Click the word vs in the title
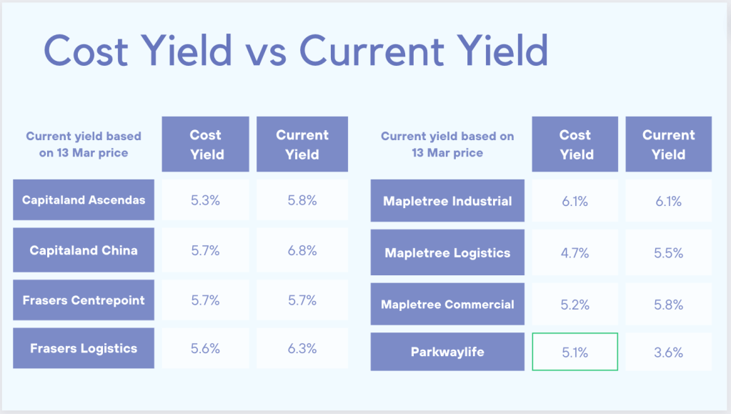tap(265, 51)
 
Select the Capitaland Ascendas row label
tap(84, 199)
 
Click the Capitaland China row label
tap(84, 250)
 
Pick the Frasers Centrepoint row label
tap(84, 300)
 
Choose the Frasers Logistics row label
tap(84, 349)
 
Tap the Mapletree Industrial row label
tap(447, 201)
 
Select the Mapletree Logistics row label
tap(447, 252)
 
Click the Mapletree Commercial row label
tap(447, 304)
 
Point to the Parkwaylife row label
tap(447, 352)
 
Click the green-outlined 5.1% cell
tap(575, 352)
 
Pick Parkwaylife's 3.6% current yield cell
tap(668, 352)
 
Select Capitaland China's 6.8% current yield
tap(302, 250)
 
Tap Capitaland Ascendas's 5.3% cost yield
tap(206, 200)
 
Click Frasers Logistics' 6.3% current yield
tap(302, 349)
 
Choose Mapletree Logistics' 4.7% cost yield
tap(575, 252)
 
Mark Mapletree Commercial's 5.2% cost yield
tap(575, 304)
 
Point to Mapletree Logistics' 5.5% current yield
tap(668, 252)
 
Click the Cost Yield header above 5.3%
tap(206, 144)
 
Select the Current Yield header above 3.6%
tap(668, 144)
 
